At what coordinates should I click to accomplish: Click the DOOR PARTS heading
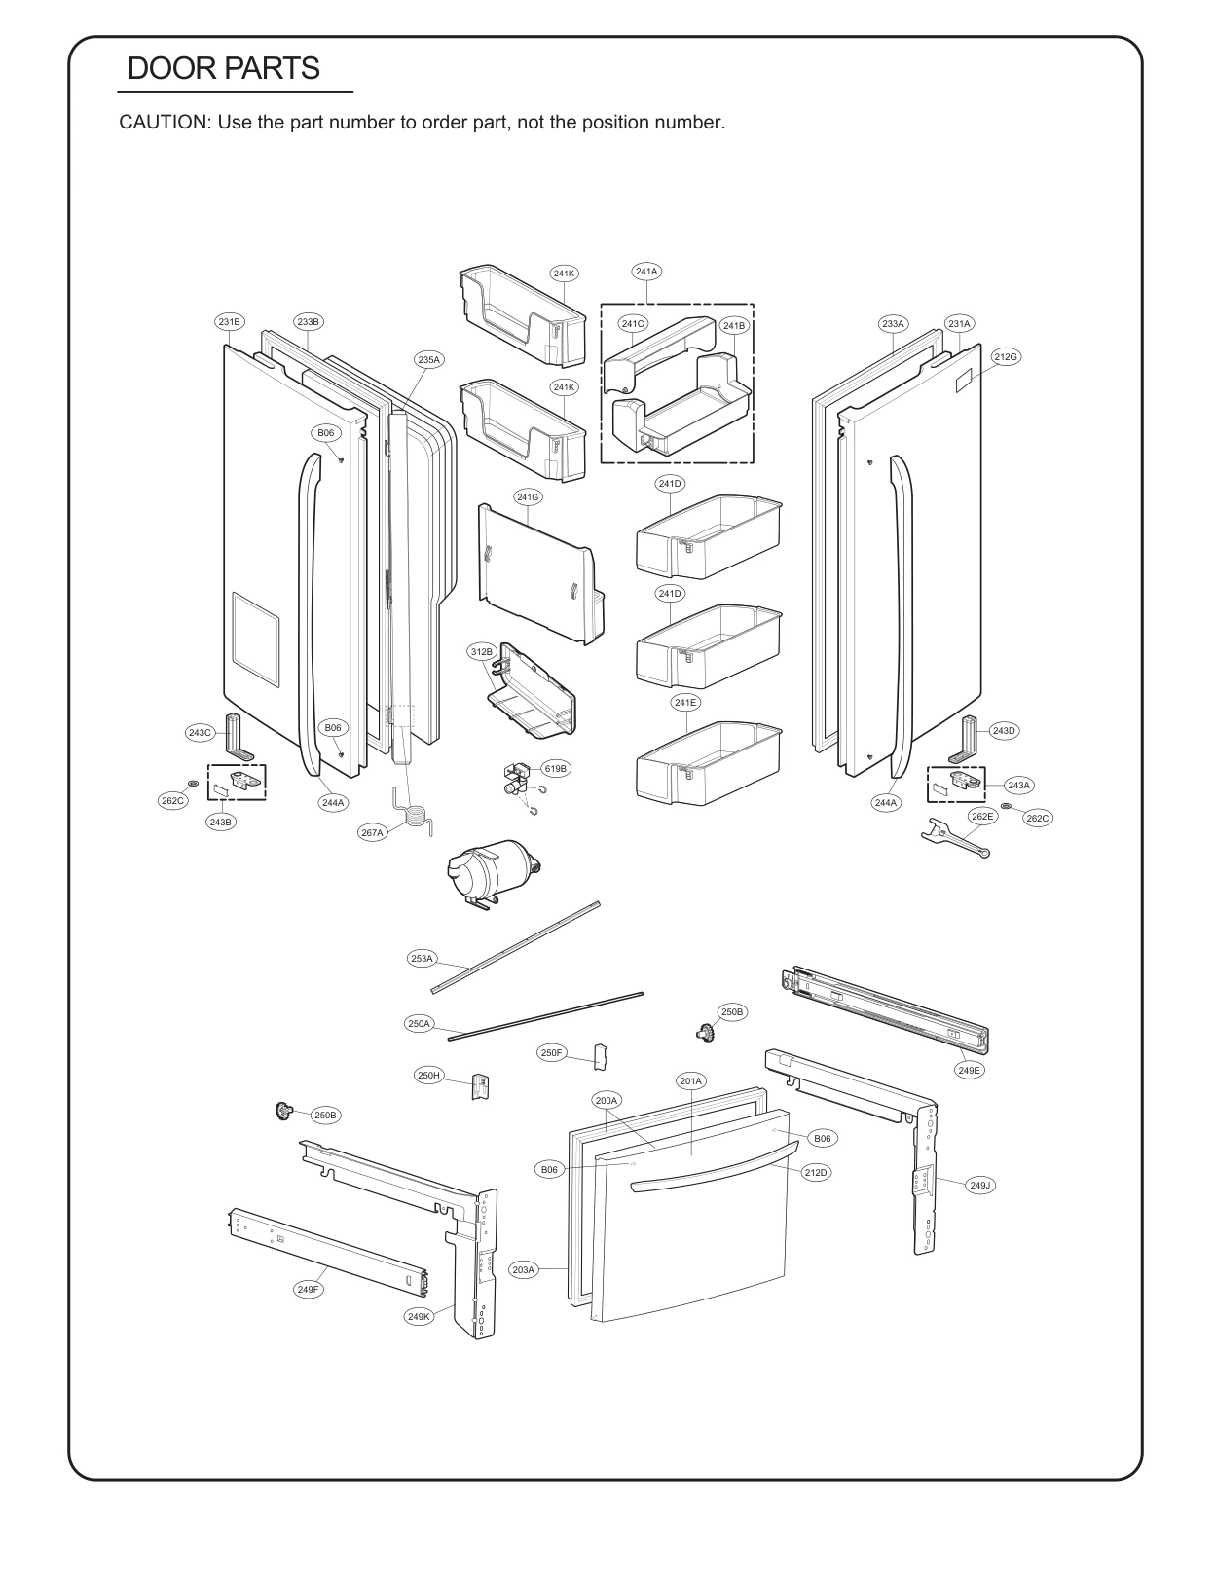pos(223,68)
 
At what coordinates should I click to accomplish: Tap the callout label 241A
pos(646,272)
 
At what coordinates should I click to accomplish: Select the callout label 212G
pos(1006,357)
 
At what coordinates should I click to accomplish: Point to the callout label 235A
pos(429,359)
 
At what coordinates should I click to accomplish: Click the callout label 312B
pos(482,652)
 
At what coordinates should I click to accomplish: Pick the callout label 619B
pos(555,768)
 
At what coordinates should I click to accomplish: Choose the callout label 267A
pos(373,832)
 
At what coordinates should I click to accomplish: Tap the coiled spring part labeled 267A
pos(415,814)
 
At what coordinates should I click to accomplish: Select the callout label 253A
pos(422,959)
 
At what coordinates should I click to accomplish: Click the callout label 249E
pos(970,1069)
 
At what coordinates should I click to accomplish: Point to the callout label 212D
pos(816,1173)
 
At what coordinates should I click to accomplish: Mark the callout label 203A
pos(524,1269)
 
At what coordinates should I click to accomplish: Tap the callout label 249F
pos(308,1289)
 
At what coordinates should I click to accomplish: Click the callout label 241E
pos(684,702)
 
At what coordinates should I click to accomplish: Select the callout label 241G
pos(528,497)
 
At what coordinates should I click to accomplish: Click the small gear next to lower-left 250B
pos(284,1111)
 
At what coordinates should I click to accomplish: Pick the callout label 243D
pos(1004,730)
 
